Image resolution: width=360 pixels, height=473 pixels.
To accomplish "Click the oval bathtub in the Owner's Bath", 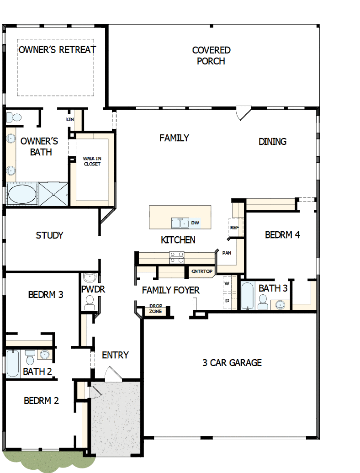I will (22, 194).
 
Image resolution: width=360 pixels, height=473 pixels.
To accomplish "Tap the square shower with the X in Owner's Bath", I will (53, 194).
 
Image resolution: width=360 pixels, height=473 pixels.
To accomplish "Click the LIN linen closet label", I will (70, 119).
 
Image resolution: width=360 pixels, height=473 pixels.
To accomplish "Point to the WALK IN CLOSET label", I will (92, 161).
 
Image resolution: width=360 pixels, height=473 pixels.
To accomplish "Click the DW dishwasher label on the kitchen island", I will (195, 223).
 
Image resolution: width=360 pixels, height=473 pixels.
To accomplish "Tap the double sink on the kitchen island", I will (180, 223).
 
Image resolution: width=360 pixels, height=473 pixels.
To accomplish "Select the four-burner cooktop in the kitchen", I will (177, 257).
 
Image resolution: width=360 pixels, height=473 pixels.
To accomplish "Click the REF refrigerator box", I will (234, 227).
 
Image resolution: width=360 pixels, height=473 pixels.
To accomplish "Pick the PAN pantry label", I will (227, 253).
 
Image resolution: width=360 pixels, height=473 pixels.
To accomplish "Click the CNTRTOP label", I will (202, 271).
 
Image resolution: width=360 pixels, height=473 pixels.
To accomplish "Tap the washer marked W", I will (227, 284).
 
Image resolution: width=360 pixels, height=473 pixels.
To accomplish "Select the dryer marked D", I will (227, 300).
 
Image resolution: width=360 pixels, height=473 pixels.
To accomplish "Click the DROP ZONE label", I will (155, 309).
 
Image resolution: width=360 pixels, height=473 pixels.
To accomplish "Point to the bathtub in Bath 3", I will (247, 296).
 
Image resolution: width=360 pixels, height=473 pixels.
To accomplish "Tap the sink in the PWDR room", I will (90, 277).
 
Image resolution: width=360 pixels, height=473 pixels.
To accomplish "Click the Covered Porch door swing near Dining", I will (243, 113).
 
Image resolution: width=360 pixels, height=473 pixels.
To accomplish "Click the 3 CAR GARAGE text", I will (232, 363).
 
